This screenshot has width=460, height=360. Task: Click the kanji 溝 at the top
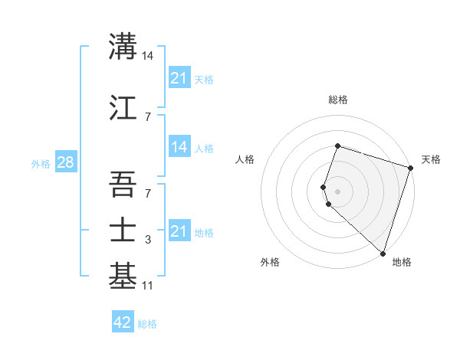point(123,45)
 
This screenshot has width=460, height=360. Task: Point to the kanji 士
point(123,229)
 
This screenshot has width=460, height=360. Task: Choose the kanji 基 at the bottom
point(123,277)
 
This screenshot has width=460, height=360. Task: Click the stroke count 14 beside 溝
point(148,55)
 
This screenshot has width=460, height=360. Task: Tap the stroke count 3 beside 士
point(148,240)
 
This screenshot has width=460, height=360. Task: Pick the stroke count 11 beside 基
point(148,286)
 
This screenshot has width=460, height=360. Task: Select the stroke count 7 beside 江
point(148,116)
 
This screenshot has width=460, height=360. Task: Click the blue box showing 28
point(65,162)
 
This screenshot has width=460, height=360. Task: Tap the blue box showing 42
point(123,322)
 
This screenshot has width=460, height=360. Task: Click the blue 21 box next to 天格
point(179,77)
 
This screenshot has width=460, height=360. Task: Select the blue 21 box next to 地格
point(179,231)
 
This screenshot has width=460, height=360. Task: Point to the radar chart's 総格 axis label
point(338,100)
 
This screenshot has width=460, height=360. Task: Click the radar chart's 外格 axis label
point(270,262)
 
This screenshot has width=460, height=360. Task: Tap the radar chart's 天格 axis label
point(431,159)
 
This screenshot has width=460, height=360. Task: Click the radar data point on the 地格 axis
point(382,254)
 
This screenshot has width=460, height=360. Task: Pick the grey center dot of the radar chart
point(338,191)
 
